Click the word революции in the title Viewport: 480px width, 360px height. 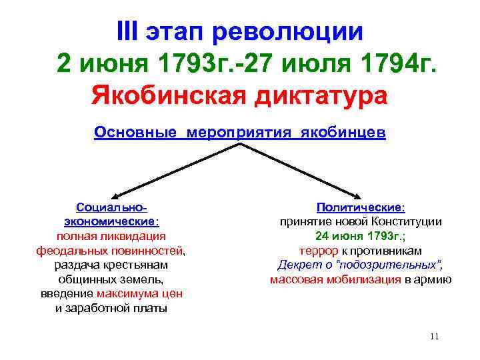pos(297,32)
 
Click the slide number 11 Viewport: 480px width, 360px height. pos(434,336)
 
